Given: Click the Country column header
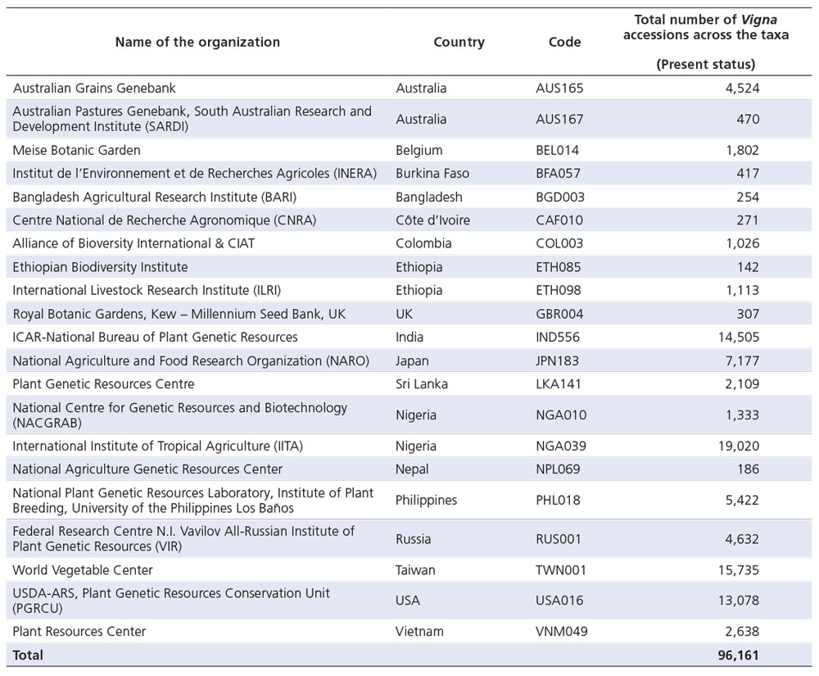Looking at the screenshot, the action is pyautogui.click(x=459, y=43).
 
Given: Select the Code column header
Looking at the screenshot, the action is pyautogui.click(x=564, y=43).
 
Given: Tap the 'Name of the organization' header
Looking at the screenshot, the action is pyautogui.click(x=197, y=43).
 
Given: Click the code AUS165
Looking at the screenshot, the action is pyautogui.click(x=559, y=88).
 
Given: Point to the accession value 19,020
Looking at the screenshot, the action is pyautogui.click(x=739, y=446).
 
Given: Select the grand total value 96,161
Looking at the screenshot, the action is pyautogui.click(x=738, y=655).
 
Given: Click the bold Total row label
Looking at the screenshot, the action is pyautogui.click(x=28, y=655).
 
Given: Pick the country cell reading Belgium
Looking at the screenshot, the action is pyautogui.click(x=419, y=151).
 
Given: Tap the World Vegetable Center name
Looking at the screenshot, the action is pyautogui.click(x=83, y=570).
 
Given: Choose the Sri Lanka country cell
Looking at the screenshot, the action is pyautogui.click(x=422, y=384).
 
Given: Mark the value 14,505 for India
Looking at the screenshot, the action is pyautogui.click(x=739, y=337).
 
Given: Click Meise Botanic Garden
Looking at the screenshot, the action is pyautogui.click(x=76, y=151).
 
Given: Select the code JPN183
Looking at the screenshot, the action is pyautogui.click(x=557, y=361).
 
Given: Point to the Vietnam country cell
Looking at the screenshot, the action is pyautogui.click(x=419, y=631).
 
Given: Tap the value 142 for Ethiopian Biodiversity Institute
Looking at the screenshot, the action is pyautogui.click(x=748, y=267).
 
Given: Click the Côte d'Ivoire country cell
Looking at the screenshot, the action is pyautogui.click(x=432, y=220).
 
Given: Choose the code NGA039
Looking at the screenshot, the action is pyautogui.click(x=561, y=446).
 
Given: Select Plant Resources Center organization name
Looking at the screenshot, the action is pyautogui.click(x=79, y=631).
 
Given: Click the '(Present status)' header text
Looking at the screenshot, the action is pyautogui.click(x=706, y=64).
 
